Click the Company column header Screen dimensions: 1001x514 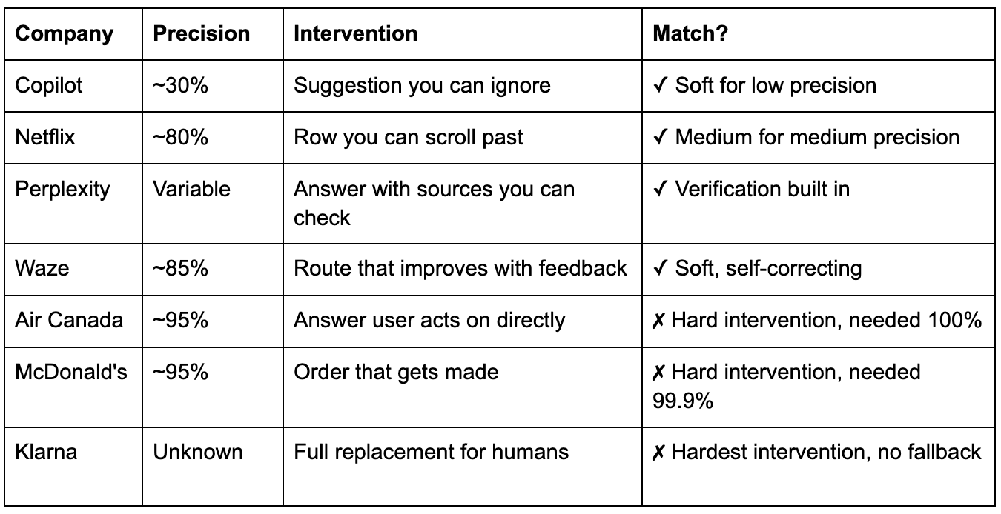coord(65,33)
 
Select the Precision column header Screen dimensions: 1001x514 coord(201,33)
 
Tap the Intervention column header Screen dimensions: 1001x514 coord(356,33)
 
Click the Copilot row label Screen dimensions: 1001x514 coord(49,85)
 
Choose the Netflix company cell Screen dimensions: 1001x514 coord(45,137)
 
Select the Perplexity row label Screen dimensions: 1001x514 coord(62,189)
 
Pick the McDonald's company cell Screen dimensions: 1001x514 coord(71,371)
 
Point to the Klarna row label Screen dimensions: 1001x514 coord(46,451)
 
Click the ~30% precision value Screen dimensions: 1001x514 coord(180,85)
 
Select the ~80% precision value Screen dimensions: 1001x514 coord(180,137)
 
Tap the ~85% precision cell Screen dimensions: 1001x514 coord(180,267)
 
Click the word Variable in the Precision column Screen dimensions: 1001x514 coord(192,189)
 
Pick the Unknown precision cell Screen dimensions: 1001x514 coord(198,451)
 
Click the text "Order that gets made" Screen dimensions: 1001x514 coord(396,371)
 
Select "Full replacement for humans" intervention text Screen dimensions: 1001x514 coord(432,451)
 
